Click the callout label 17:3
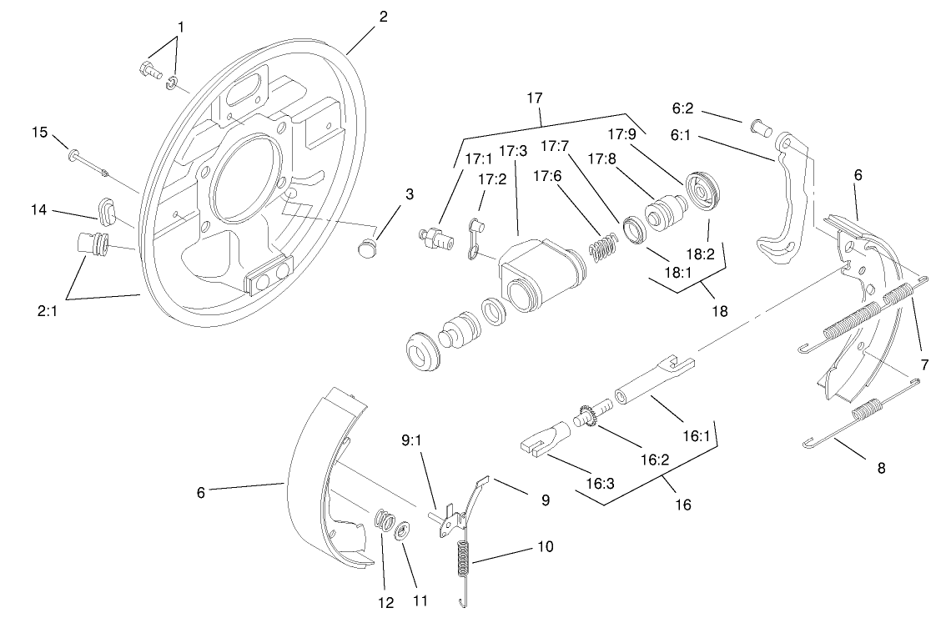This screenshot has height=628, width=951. coord(513,151)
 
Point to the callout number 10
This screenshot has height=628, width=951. coord(544,546)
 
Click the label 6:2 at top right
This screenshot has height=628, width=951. coord(683,108)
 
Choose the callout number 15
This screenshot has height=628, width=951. coord(40,132)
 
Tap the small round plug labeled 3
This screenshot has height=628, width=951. coord(366,247)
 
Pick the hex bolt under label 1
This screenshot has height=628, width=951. coord(148,69)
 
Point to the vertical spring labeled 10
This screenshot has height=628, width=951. coord(464,559)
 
